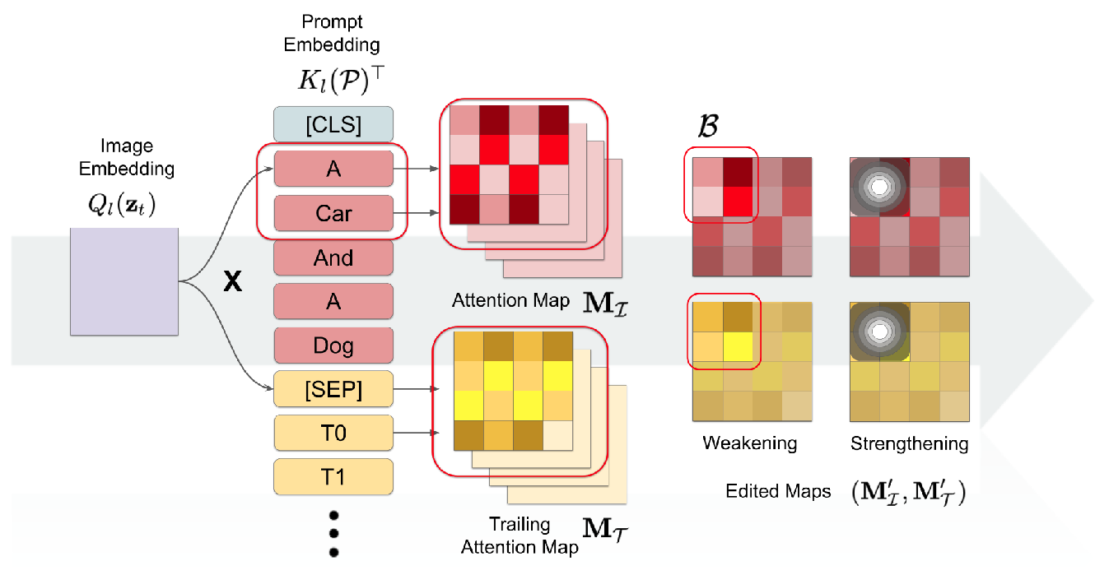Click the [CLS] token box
(333, 125)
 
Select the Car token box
(333, 214)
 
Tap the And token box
(333, 258)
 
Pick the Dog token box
(333, 346)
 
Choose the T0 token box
(333, 433)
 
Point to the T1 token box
(333, 476)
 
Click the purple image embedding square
(124, 281)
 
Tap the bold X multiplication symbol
(233, 282)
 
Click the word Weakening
(749, 443)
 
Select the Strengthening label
(909, 443)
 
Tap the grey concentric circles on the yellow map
(879, 332)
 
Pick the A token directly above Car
(333, 169)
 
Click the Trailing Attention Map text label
(519, 536)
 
